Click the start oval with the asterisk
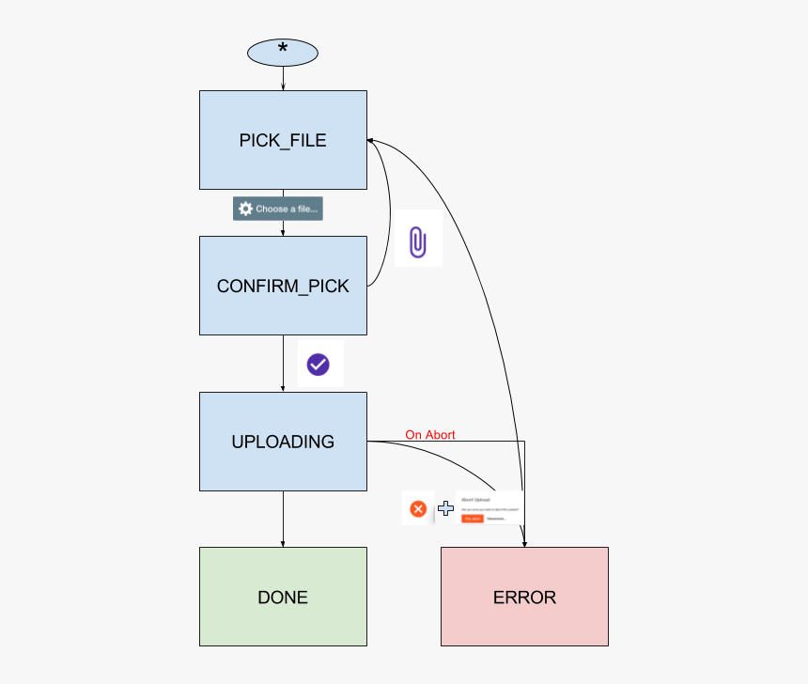click(283, 53)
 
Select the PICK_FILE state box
click(283, 140)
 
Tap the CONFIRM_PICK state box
click(283, 285)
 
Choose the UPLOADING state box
click(283, 441)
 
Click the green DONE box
click(283, 597)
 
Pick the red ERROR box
click(524, 597)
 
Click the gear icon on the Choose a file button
click(245, 209)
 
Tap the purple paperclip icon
click(417, 241)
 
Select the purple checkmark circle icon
click(319, 364)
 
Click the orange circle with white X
click(418, 508)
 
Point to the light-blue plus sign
click(445, 508)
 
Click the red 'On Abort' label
click(430, 435)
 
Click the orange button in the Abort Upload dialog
click(472, 518)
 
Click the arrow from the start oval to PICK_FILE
click(283, 79)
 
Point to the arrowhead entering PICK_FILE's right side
click(372, 141)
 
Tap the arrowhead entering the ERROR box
click(524, 542)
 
